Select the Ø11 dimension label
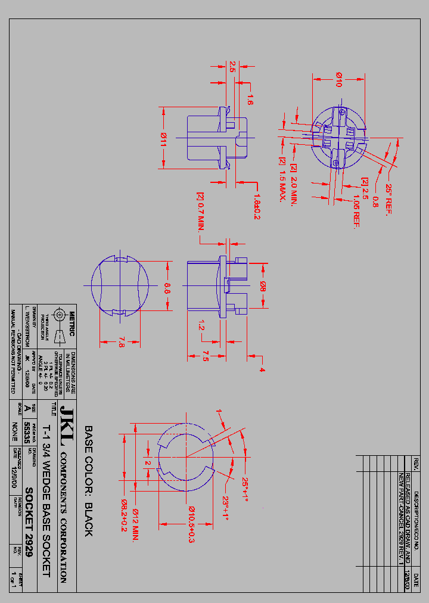point(163,139)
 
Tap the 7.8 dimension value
point(122,342)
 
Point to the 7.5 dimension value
point(204,356)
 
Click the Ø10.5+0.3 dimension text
point(192,524)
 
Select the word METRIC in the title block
point(71,315)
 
